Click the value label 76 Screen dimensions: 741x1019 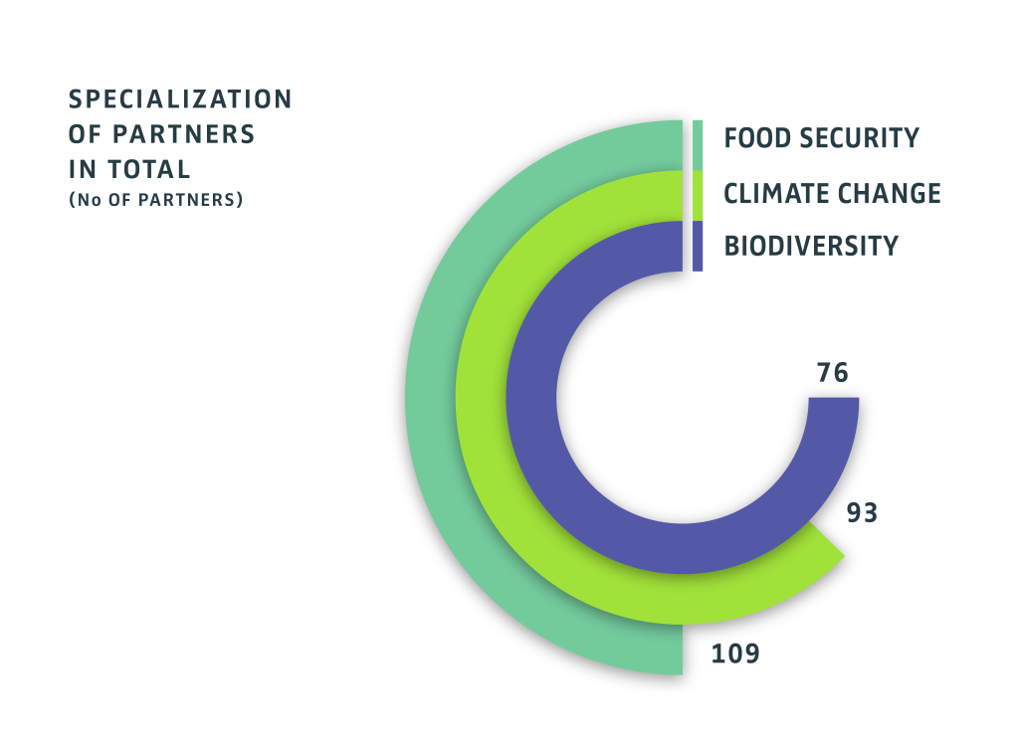(x=832, y=374)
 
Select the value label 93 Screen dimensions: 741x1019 (x=862, y=514)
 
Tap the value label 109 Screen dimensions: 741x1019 (x=735, y=653)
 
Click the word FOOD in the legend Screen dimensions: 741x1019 (x=759, y=138)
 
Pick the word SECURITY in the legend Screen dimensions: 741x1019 (x=861, y=138)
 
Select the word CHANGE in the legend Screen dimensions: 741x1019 (x=892, y=193)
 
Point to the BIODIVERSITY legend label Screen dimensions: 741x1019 (x=811, y=245)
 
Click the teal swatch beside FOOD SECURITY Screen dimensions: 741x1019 (x=698, y=144)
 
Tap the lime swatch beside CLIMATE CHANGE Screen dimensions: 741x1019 (x=698, y=195)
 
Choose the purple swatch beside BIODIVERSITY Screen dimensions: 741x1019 (x=698, y=245)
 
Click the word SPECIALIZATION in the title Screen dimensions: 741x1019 (x=180, y=99)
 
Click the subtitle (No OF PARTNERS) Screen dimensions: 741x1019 (x=156, y=199)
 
